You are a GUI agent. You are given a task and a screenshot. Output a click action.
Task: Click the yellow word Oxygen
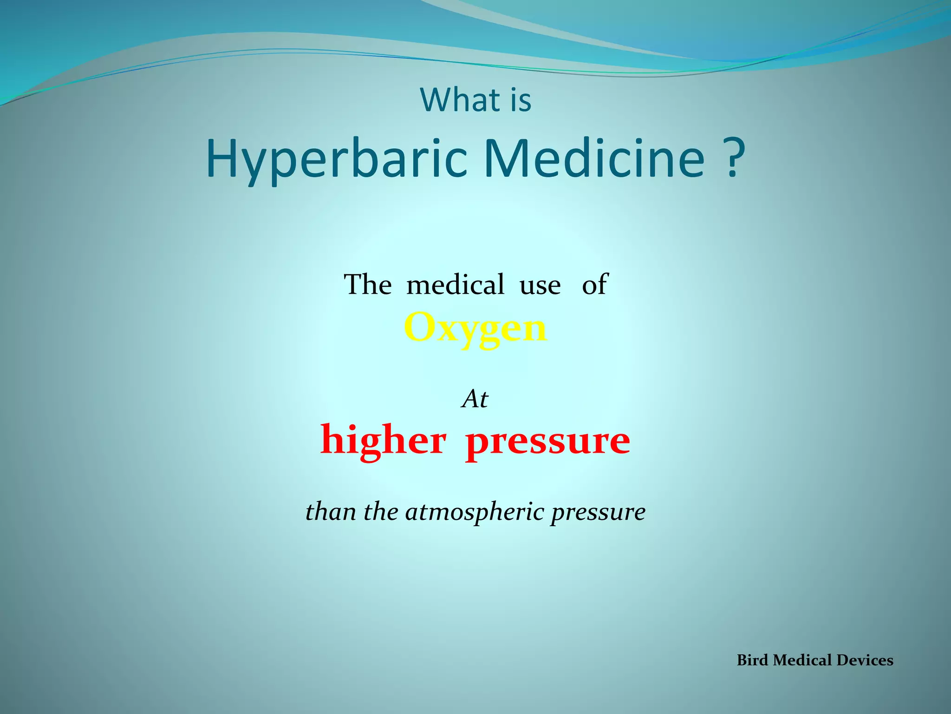click(475, 328)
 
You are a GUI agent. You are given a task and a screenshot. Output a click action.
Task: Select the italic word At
click(475, 399)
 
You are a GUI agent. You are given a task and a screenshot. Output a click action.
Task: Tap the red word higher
click(384, 441)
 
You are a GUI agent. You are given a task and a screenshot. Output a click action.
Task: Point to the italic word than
click(331, 511)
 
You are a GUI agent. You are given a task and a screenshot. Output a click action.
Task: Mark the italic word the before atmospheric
click(381, 511)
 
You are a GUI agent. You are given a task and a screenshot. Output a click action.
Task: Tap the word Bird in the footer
click(752, 660)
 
